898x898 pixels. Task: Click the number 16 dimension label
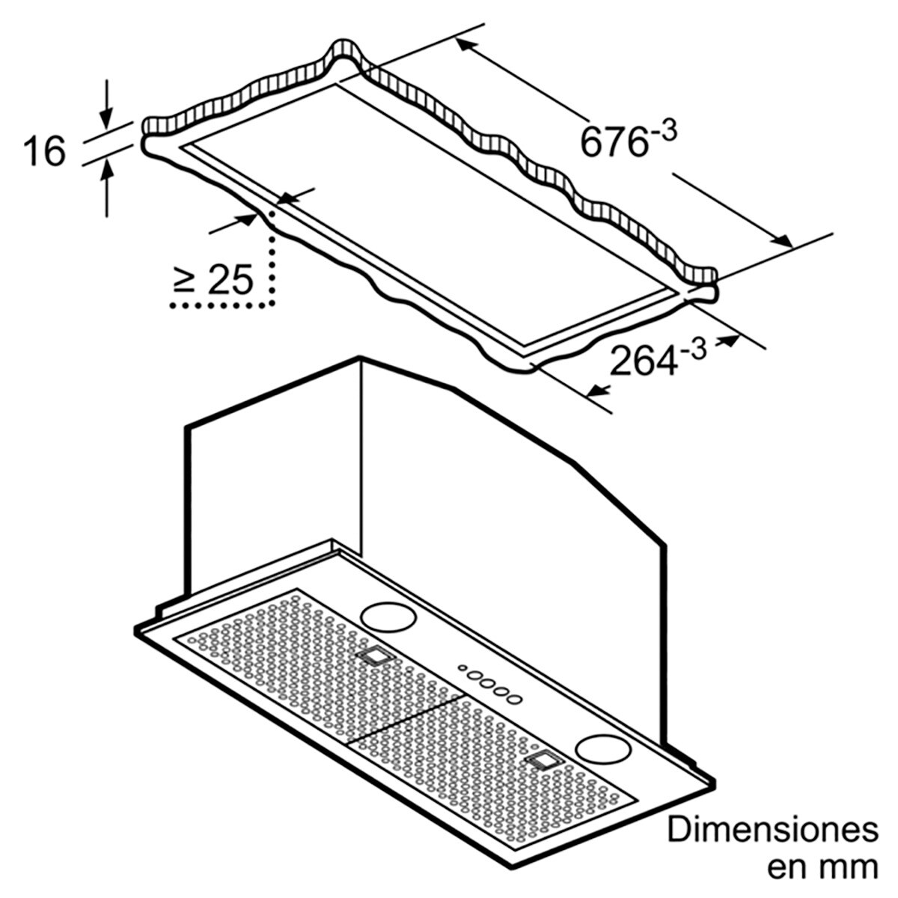[44, 152]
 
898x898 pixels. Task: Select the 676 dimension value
[613, 141]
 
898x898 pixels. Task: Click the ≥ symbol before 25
[185, 281]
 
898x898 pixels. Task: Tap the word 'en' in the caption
[786, 868]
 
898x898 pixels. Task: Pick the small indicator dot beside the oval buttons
[462, 668]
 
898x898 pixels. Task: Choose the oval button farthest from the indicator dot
[514, 698]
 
